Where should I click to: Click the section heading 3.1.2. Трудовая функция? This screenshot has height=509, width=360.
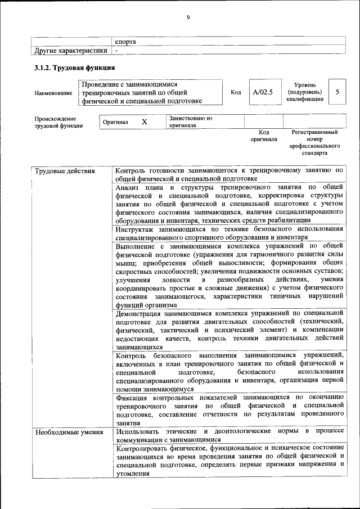[x=72, y=68]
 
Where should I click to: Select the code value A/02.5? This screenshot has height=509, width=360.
[x=262, y=92]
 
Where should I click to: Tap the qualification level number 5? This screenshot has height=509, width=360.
[x=337, y=92]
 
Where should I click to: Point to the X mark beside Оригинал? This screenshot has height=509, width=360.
[x=144, y=121]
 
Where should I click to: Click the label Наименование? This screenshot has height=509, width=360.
[x=53, y=93]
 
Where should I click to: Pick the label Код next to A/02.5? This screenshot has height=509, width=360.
[x=236, y=92]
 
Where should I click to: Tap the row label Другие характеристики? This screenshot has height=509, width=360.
[x=70, y=51]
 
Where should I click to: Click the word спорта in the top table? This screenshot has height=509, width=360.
[x=125, y=41]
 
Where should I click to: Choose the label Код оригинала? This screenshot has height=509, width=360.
[x=264, y=136]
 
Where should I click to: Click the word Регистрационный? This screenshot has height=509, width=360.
[x=314, y=132]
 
